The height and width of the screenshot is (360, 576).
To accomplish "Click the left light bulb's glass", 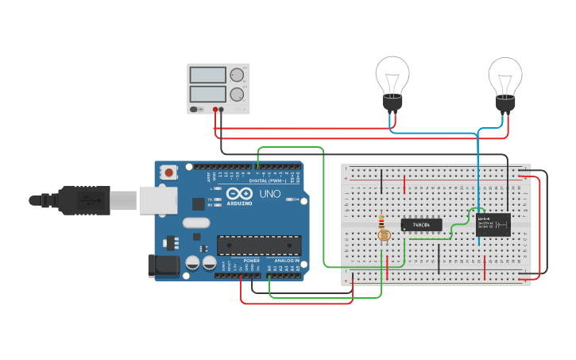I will (x=392, y=75).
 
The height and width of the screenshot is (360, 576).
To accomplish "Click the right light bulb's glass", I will (x=504, y=75).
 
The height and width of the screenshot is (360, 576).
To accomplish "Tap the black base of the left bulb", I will (x=392, y=103).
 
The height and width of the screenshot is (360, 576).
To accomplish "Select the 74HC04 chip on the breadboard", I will (x=421, y=225).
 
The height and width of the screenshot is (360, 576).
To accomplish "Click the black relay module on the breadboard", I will (x=493, y=225).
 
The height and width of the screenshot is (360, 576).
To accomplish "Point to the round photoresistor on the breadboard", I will (x=383, y=234).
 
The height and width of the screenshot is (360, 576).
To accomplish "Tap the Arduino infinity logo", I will (x=239, y=194).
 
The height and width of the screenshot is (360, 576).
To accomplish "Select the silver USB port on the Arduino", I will (x=158, y=199).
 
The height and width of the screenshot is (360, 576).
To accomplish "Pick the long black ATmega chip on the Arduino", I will (x=259, y=246).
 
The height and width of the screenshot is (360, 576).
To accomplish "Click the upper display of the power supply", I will (x=208, y=75).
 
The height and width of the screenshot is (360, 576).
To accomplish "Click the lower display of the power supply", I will (x=208, y=94).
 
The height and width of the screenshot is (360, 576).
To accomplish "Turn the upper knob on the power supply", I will (x=237, y=75).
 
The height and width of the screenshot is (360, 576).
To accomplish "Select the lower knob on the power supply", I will (x=237, y=95).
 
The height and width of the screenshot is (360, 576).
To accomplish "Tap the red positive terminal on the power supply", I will (x=215, y=110).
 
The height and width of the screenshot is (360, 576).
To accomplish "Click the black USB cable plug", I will (x=83, y=200).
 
